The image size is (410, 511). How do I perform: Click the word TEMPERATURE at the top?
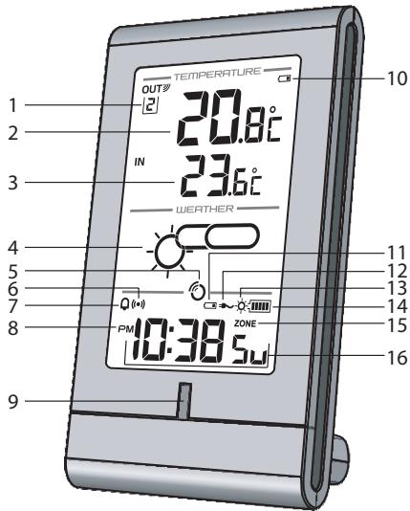pos(217,74)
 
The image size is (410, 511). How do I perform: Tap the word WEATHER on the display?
pos(205,209)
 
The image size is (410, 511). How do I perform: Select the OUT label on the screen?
pos(152,89)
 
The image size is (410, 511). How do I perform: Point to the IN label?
pos(140,162)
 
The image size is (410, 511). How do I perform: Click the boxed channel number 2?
pos(150,106)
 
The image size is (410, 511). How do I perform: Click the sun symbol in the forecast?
pos(169,251)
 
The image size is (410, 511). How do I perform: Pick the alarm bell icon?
pos(124,304)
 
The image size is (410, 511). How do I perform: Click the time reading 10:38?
pos(180,341)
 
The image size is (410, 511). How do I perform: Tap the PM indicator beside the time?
pos(126,329)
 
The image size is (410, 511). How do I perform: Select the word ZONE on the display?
pos(245,323)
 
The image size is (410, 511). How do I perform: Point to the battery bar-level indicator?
pos(260,306)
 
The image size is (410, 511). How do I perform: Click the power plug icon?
pos(227,306)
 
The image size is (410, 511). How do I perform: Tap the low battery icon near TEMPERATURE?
pos(285,78)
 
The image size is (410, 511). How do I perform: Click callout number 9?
pos(13,401)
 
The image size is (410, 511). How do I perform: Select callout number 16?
pos(397,358)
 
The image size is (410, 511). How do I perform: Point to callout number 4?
pos(13,249)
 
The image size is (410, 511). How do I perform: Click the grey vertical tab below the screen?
pos(183,400)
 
